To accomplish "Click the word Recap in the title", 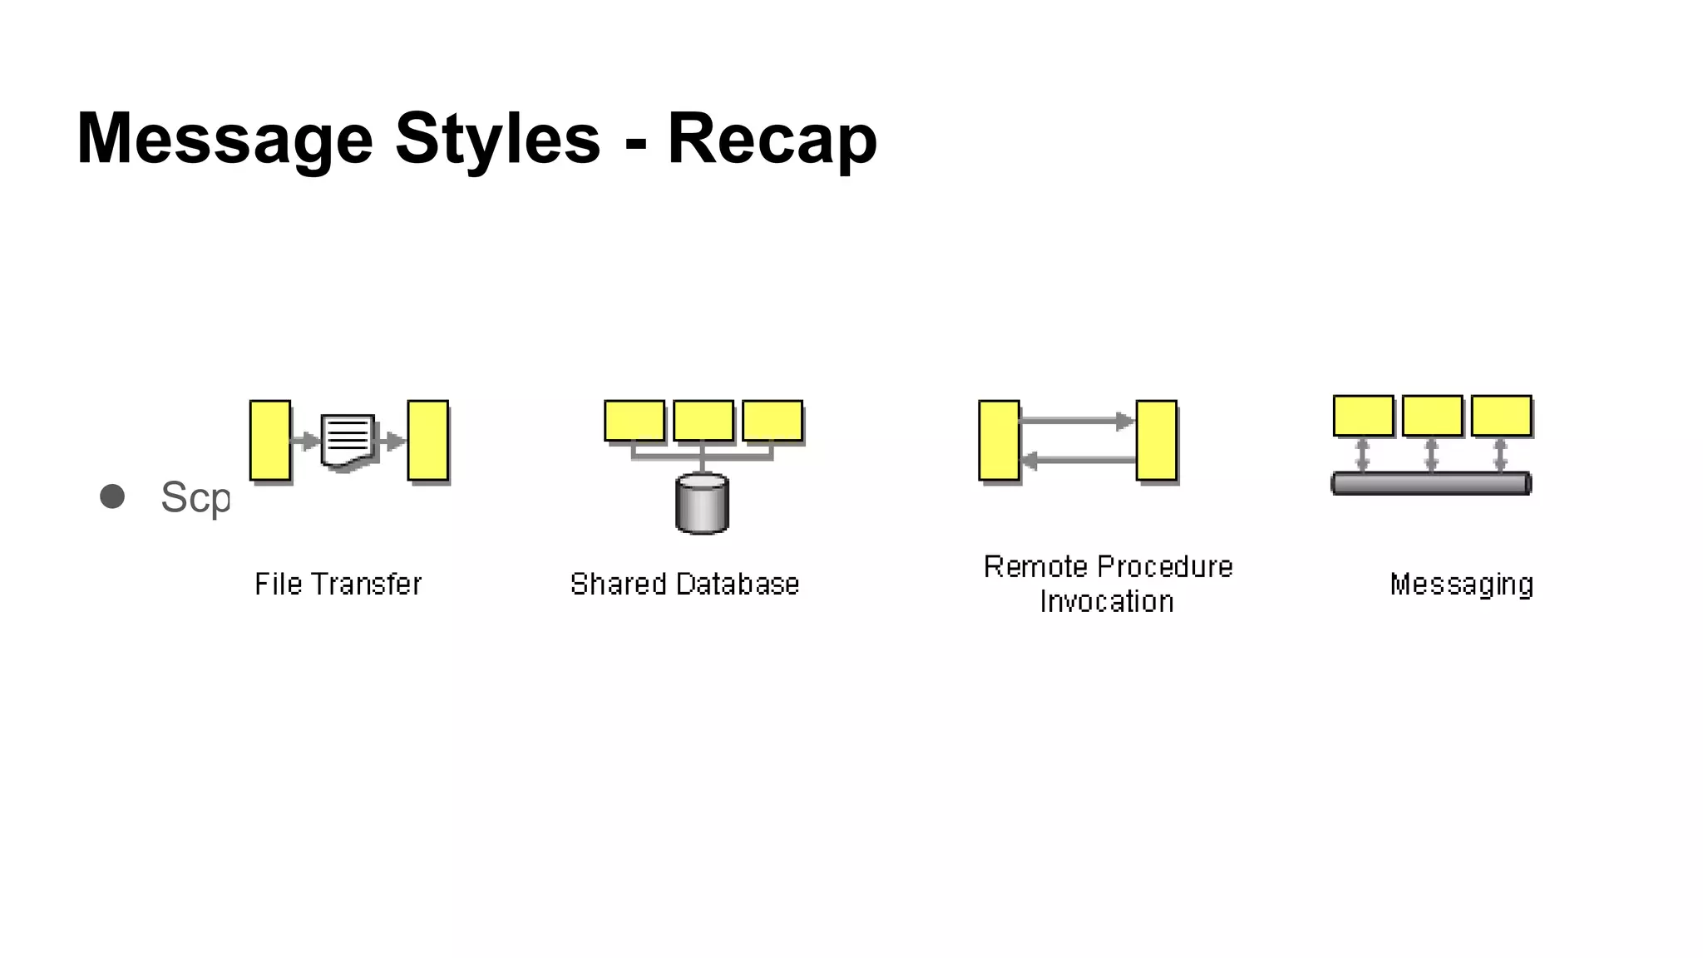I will pyautogui.click(x=772, y=139).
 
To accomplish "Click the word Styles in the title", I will pyautogui.click(x=497, y=139).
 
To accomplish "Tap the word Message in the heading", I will pyautogui.click(x=225, y=139).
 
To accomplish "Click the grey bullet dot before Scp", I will pyautogui.click(x=112, y=496).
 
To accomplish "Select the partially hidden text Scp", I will pyautogui.click(x=195, y=498).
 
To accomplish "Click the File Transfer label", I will pyautogui.click(x=338, y=584).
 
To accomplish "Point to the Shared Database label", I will pyautogui.click(x=684, y=584).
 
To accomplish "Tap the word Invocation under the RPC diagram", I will pyautogui.click(x=1107, y=601).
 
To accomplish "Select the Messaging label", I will pyautogui.click(x=1462, y=584).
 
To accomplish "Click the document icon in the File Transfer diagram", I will pyautogui.click(x=348, y=441).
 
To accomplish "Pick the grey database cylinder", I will pyautogui.click(x=703, y=503).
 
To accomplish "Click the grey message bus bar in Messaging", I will pyautogui.click(x=1431, y=483).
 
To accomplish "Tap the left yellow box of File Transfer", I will pyautogui.click(x=270, y=441).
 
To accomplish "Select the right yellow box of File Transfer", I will pyautogui.click(x=428, y=441).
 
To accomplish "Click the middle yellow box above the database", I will pyautogui.click(x=703, y=421).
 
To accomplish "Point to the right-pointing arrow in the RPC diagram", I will pyautogui.click(x=1078, y=421).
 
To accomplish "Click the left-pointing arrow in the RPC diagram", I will pyautogui.click(x=1078, y=459).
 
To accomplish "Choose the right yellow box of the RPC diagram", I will pyautogui.click(x=1157, y=441).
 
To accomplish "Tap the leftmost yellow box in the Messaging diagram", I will pyautogui.click(x=1364, y=416).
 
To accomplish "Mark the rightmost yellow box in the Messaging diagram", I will pyautogui.click(x=1502, y=416).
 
